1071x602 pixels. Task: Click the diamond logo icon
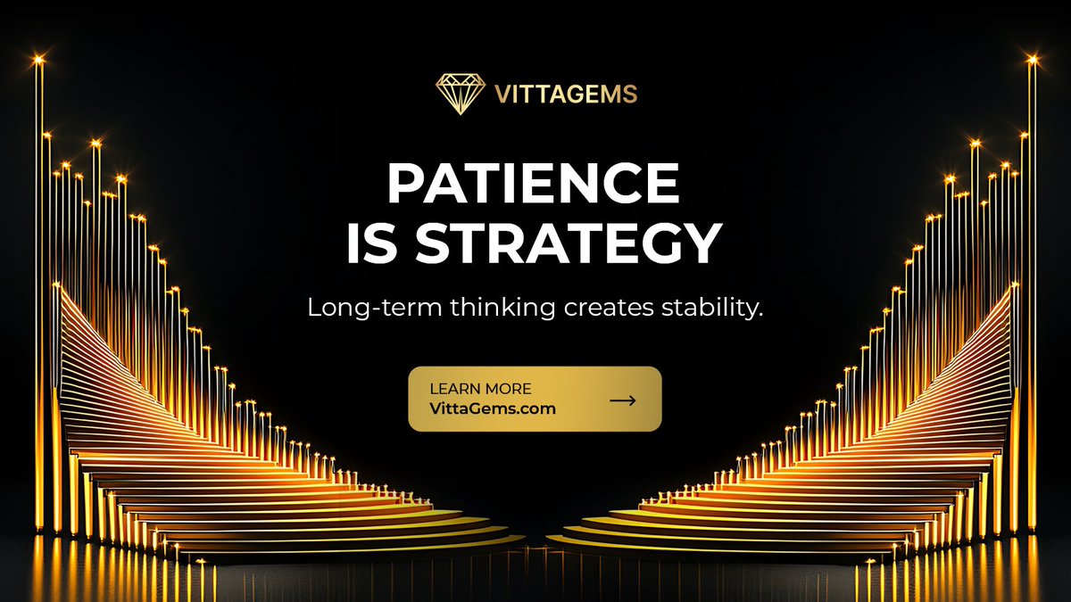[461, 94]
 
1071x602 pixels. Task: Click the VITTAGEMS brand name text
[565, 95]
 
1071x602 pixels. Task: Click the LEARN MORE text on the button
[480, 389]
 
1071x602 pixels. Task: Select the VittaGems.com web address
[492, 409]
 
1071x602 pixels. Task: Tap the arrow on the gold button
[623, 400]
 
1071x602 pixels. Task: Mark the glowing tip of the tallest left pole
[38, 61]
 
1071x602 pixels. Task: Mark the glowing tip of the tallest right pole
[1033, 61]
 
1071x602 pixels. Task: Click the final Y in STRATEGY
[700, 243]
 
